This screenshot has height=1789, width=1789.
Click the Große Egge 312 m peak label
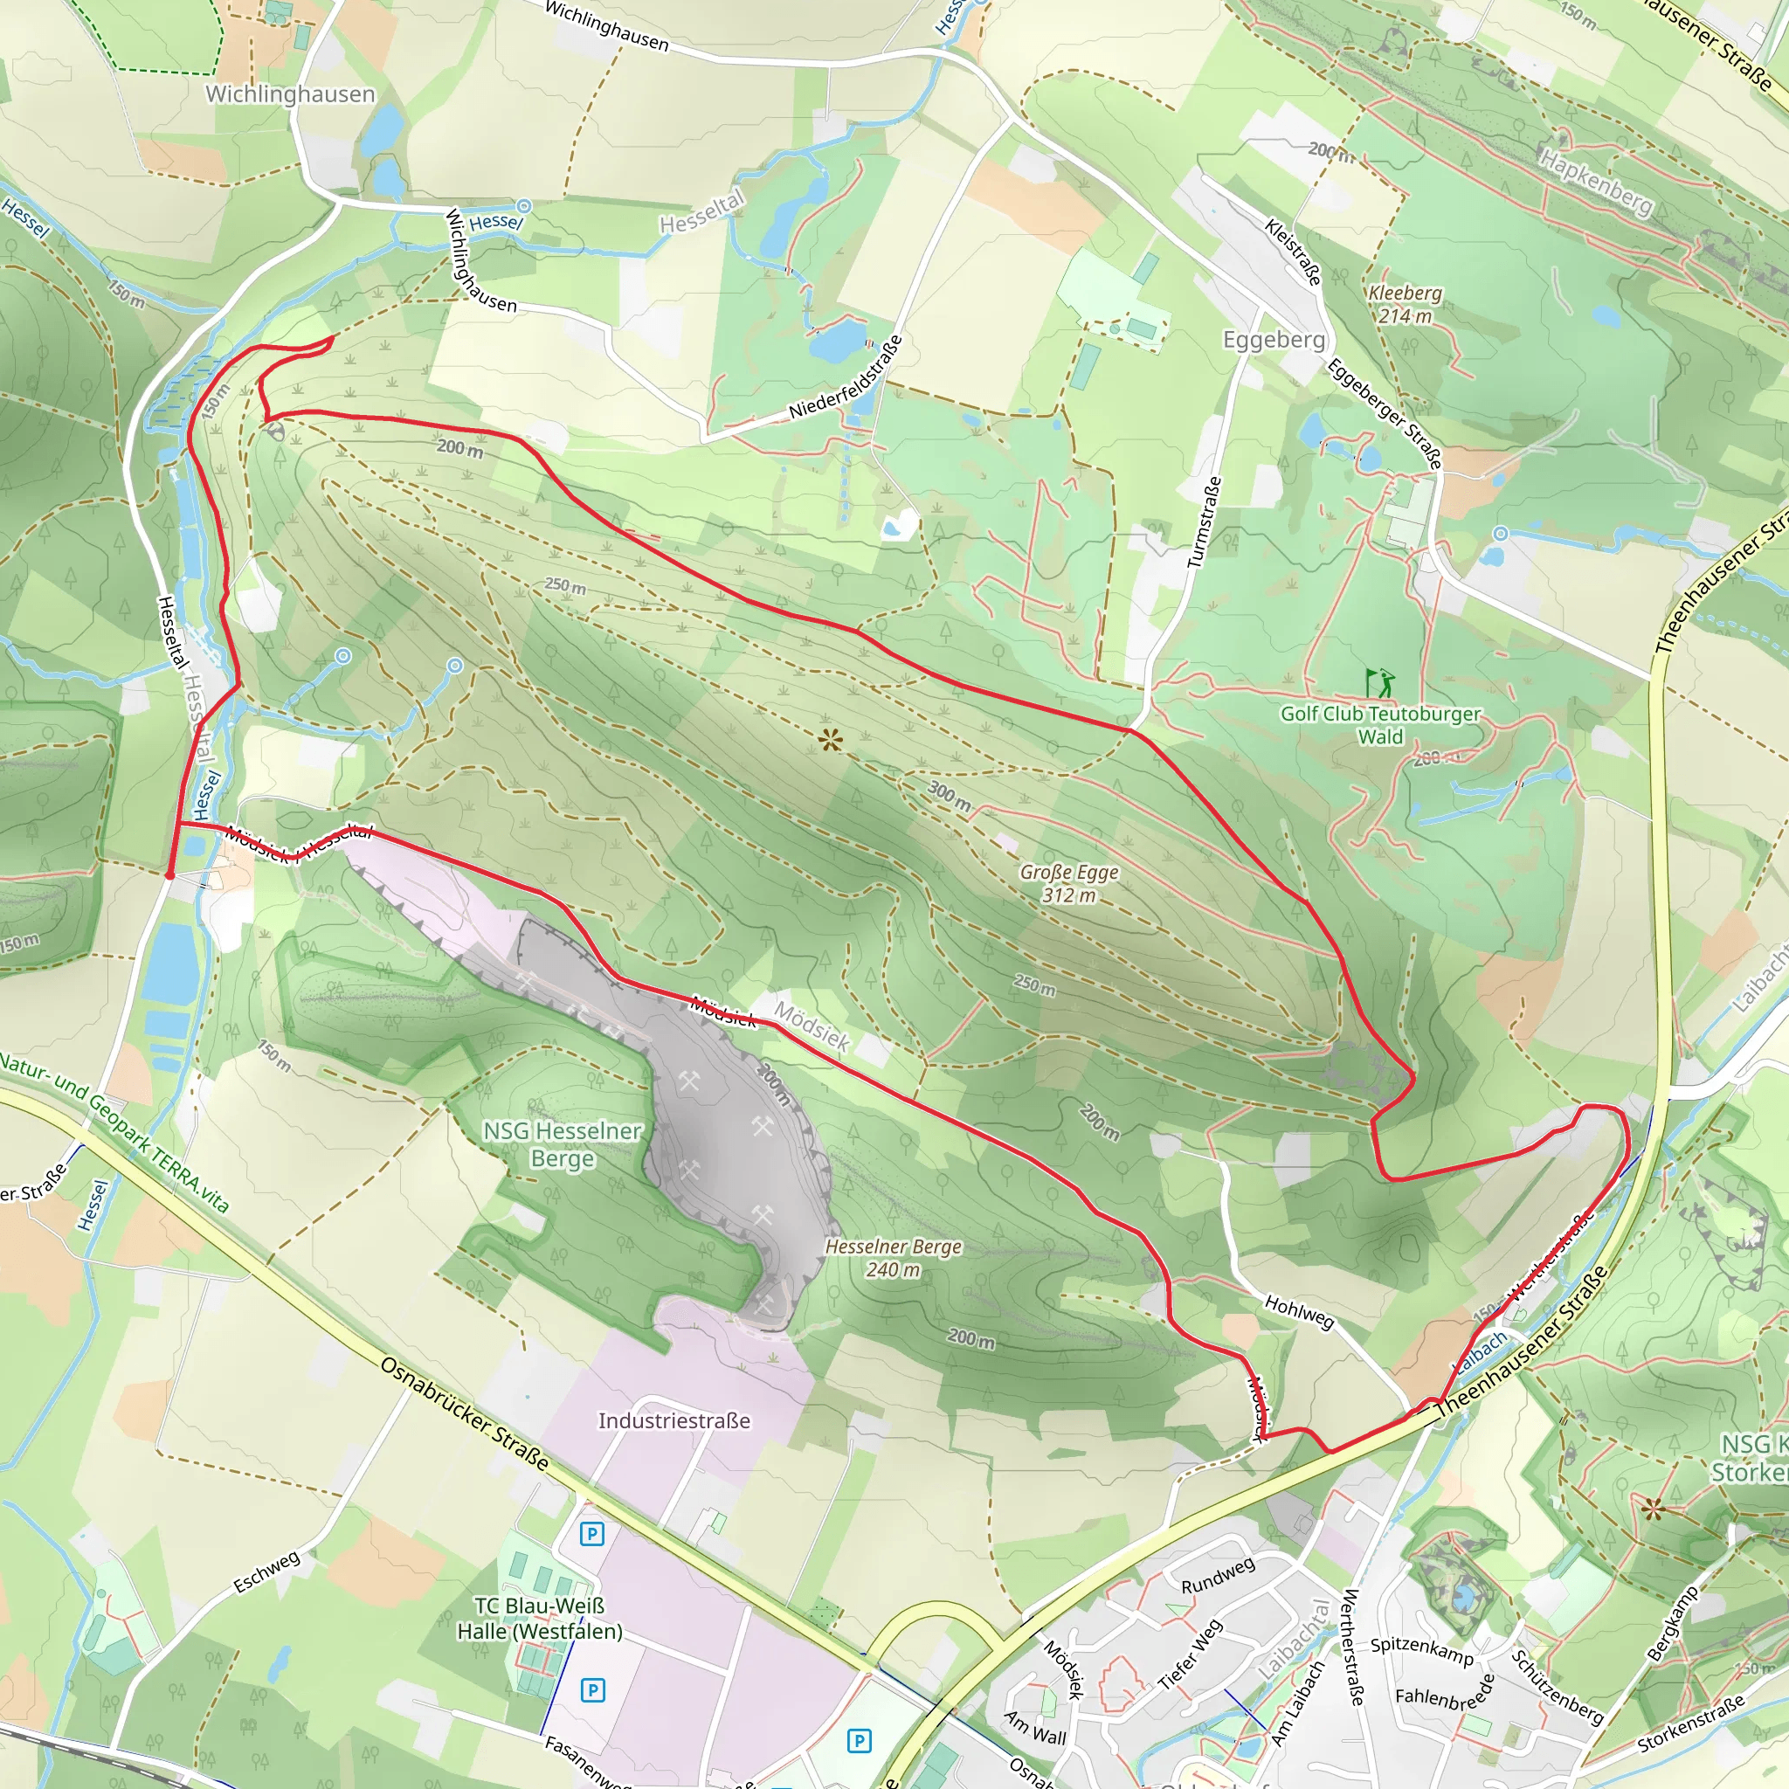(x=1068, y=883)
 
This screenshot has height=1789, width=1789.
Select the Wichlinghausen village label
(x=290, y=94)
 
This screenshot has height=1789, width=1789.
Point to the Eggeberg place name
(x=1274, y=340)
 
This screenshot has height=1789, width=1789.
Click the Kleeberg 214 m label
(x=1405, y=305)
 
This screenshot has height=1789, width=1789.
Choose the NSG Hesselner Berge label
(x=562, y=1144)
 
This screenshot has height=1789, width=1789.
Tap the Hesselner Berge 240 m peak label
(x=893, y=1259)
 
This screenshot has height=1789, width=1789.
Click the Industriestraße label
(x=674, y=1420)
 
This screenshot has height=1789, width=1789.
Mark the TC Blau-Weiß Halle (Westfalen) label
(x=540, y=1619)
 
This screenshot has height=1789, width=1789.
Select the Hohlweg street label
(x=1299, y=1311)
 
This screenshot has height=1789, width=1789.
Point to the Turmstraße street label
(x=1204, y=522)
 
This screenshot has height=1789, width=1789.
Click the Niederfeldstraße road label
(x=846, y=377)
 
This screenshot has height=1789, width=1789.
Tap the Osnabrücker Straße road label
(x=465, y=1413)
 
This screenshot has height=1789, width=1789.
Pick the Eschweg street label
(x=266, y=1572)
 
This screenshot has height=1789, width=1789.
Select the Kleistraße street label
(x=1294, y=252)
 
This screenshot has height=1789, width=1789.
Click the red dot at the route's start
(x=169, y=875)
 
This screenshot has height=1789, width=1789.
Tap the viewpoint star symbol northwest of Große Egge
(x=831, y=739)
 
